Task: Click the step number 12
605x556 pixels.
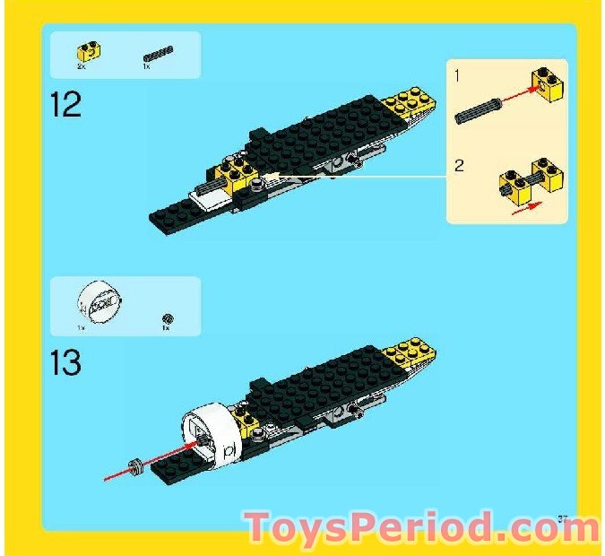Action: (x=66, y=104)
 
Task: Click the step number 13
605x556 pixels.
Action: (x=66, y=362)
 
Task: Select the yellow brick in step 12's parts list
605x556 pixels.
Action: (x=89, y=52)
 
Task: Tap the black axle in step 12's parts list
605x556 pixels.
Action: (x=158, y=54)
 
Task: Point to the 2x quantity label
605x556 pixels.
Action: (x=82, y=67)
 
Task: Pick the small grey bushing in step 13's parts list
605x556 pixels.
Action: (x=167, y=318)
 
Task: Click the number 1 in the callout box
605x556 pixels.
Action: (x=457, y=77)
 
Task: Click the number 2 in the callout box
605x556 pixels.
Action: (x=459, y=166)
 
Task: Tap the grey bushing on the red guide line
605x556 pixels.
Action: (x=136, y=465)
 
